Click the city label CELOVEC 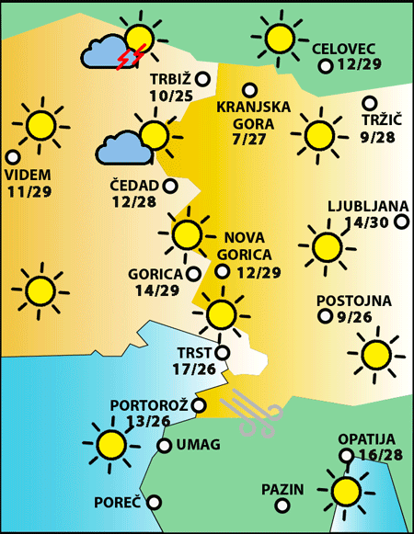(343, 49)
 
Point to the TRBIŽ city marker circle (202, 79)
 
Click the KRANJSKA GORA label (253, 114)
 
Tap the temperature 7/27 (250, 139)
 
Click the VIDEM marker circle (13, 157)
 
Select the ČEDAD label (134, 185)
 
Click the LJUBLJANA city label (362, 205)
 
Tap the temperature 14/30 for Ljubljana (365, 222)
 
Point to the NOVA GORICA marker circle (223, 271)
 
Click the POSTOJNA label (353, 301)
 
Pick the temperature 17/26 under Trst (193, 369)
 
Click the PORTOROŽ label (149, 404)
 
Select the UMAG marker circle (164, 446)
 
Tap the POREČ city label (118, 503)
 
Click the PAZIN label (282, 489)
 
